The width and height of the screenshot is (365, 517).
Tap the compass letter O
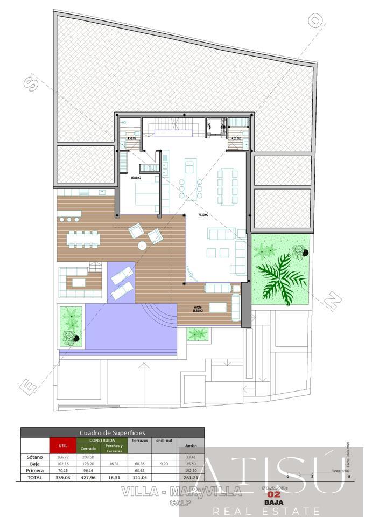point(317,21)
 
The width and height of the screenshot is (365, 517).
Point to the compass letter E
point(25,386)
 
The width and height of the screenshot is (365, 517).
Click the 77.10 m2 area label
point(203,215)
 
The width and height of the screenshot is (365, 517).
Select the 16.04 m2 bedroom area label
point(136,177)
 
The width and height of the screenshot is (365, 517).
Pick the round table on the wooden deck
point(142,246)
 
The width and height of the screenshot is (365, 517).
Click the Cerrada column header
point(88,449)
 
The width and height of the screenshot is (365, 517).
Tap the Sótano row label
point(34,457)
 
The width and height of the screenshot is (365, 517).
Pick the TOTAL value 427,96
point(88,477)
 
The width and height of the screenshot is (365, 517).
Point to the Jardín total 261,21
point(191,477)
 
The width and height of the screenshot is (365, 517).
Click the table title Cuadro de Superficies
point(113,432)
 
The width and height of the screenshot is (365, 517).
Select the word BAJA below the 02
point(271,502)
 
